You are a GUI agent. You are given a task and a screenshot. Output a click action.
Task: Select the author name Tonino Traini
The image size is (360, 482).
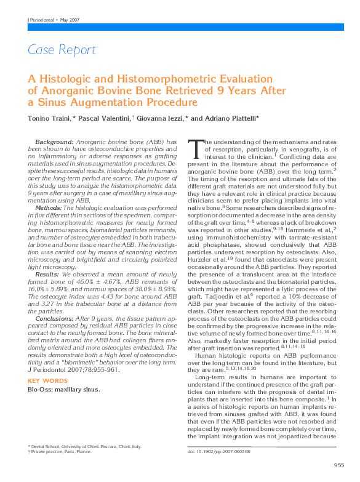tap(49, 118)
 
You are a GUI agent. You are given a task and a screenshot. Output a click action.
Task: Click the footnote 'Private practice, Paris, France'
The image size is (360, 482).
tap(62, 451)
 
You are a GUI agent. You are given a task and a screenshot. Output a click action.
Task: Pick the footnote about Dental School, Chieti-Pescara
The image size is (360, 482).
tap(87, 445)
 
